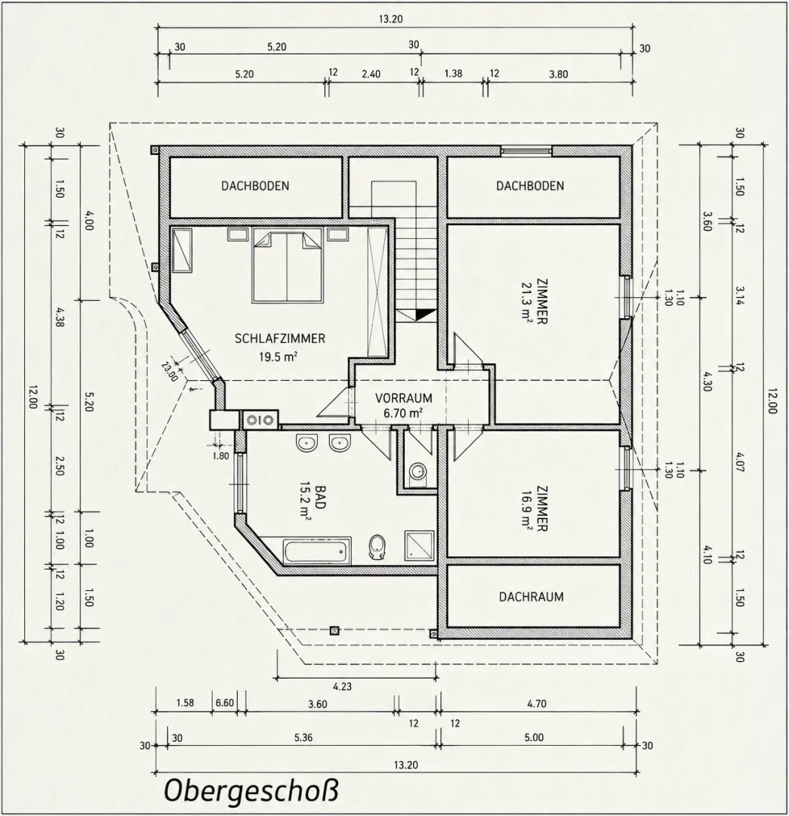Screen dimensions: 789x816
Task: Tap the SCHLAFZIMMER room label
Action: click(280, 338)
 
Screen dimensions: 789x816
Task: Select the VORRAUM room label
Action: click(404, 398)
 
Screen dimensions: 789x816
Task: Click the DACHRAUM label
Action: click(531, 596)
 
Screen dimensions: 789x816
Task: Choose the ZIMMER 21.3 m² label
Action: click(535, 302)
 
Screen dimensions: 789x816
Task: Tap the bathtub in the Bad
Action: click(316, 551)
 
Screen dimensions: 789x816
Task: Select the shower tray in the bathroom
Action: click(419, 546)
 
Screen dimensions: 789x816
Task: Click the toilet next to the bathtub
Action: click(377, 547)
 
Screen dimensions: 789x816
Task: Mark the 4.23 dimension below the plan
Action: click(342, 686)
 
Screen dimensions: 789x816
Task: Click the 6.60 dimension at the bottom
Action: click(225, 703)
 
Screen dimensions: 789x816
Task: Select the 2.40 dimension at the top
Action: click(371, 74)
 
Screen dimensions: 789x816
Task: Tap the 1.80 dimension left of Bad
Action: click(221, 456)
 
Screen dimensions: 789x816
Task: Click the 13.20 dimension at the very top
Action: click(391, 20)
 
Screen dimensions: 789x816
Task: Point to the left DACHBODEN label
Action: click(255, 186)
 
